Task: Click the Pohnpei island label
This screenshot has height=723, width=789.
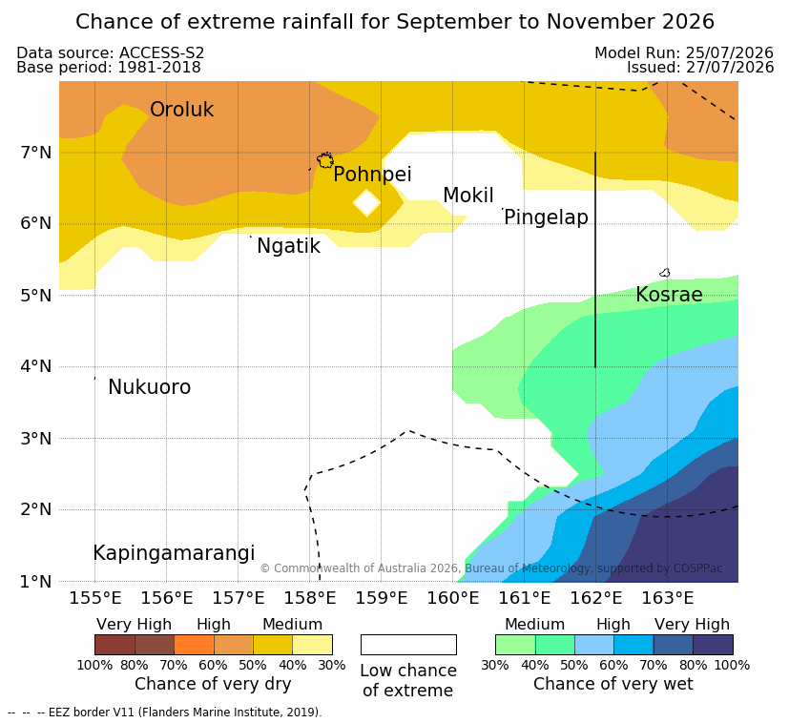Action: [372, 175]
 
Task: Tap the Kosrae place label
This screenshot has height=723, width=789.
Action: [669, 295]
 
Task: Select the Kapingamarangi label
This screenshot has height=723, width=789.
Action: [174, 553]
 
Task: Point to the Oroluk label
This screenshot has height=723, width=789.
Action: [181, 109]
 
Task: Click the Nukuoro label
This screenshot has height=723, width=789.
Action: [150, 387]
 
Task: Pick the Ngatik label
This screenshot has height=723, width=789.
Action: [289, 246]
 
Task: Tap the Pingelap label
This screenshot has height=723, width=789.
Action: [546, 217]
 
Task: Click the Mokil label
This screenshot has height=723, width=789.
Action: [468, 196]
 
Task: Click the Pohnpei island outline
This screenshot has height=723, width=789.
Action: [325, 160]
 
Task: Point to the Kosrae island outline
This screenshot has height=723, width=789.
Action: [665, 273]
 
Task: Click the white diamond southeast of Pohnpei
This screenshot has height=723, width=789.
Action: [366, 203]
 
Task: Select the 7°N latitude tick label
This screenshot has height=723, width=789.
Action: [36, 152]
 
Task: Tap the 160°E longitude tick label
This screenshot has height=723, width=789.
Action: [453, 598]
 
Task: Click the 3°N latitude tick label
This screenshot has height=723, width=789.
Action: [36, 439]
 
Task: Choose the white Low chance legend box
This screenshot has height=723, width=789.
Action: [408, 645]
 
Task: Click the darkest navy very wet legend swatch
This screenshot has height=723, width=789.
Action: [713, 645]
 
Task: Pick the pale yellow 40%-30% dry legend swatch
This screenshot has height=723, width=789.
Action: [313, 645]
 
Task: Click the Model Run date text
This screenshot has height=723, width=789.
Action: [684, 52]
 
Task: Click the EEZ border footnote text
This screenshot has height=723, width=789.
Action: [164, 713]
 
